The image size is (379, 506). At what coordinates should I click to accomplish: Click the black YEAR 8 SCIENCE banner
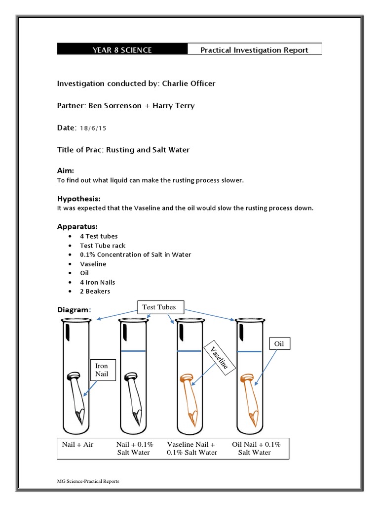coord(122,49)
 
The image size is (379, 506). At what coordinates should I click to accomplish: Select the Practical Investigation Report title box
coord(254,49)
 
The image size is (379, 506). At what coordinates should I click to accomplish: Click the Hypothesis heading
coord(79,199)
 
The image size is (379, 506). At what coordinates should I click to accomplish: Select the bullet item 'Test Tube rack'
coord(103,246)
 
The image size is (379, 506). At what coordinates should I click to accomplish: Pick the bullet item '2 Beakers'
coord(95,292)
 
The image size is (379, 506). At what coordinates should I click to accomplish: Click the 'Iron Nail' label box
coord(102,369)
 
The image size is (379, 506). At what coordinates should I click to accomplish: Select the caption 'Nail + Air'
coord(77,444)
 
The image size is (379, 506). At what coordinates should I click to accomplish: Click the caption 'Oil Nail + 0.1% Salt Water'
coord(256,448)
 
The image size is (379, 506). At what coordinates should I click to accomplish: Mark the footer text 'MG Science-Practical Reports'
coord(88,481)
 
